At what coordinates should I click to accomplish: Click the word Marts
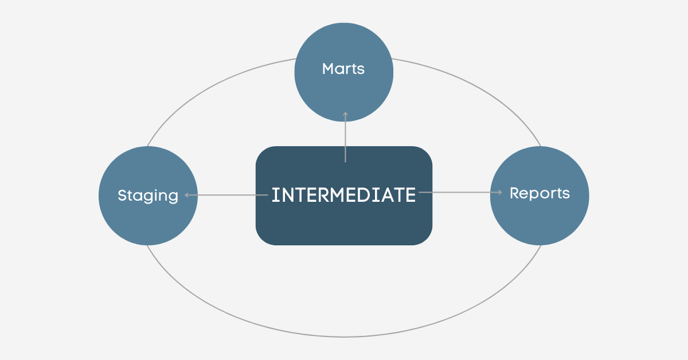[x=343, y=69]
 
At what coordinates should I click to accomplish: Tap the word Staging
[x=148, y=195]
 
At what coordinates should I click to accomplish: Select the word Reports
[x=540, y=193]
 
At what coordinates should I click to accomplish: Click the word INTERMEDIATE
[x=343, y=195]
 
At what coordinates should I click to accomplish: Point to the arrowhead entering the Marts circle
[x=345, y=114]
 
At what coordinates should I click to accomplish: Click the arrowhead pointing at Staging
[x=187, y=195]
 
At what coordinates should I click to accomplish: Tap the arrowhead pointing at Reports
[x=499, y=193]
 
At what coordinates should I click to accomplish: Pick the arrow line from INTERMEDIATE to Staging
[x=229, y=195]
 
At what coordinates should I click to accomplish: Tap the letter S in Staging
[x=122, y=195]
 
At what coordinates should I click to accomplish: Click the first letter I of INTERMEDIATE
[x=274, y=195]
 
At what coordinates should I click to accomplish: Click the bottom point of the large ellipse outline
[x=344, y=336]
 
